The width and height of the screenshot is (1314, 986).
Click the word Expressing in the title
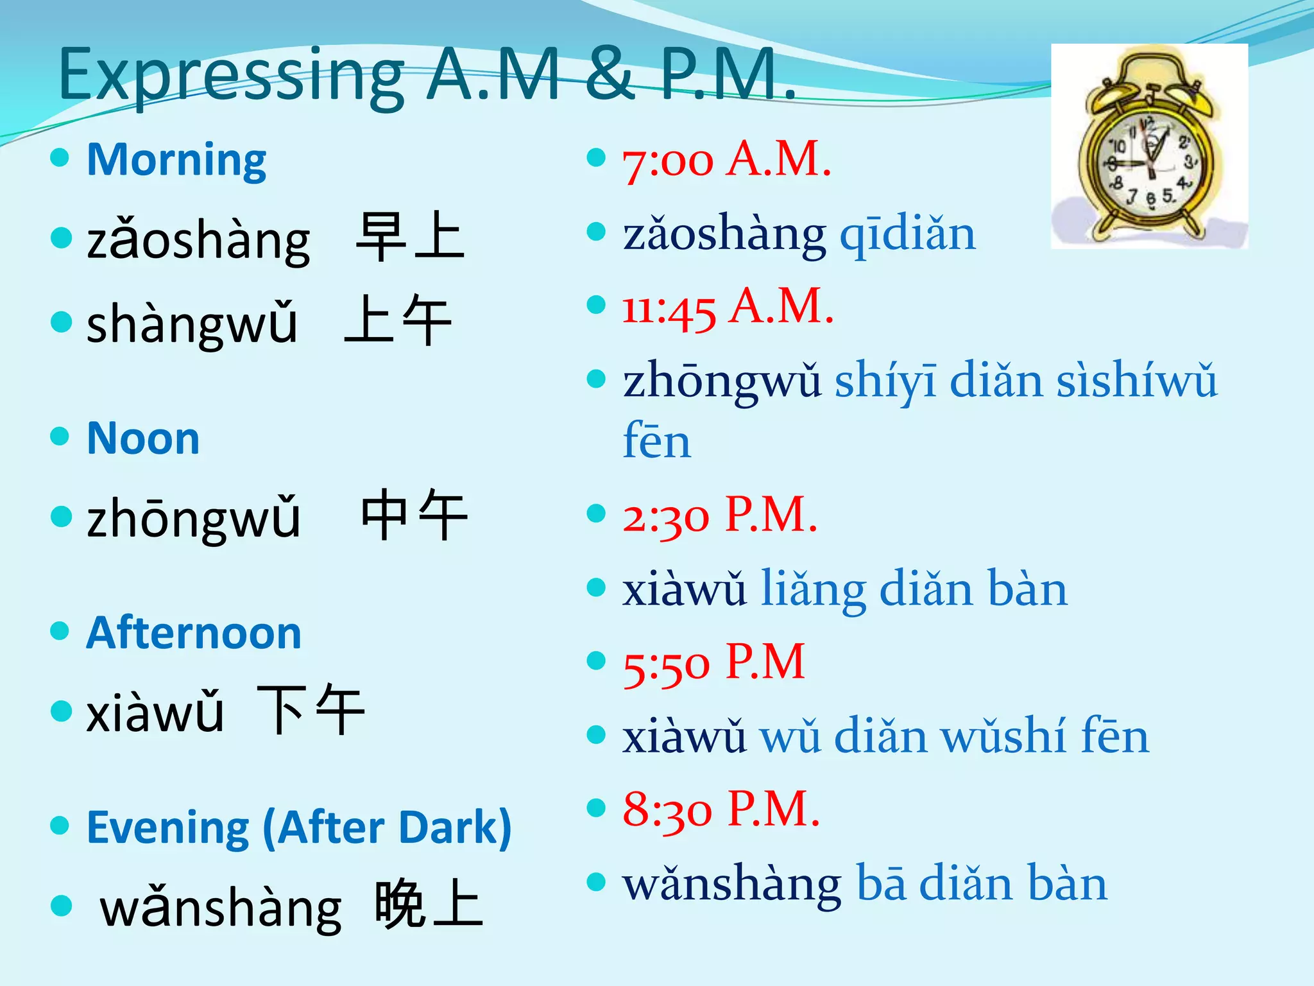pos(231,76)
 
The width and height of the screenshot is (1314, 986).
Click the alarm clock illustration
pos(1148,146)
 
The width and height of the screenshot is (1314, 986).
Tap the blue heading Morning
pos(176,160)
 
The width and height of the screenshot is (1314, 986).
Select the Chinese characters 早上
pos(410,237)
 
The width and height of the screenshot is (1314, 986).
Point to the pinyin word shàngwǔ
pos(192,323)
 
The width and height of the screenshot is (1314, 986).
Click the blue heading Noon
pos(143,439)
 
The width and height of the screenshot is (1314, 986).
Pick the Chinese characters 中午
pos(414,515)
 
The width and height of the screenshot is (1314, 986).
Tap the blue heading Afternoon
pos(194,634)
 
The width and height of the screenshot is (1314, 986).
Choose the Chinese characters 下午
pos(311,709)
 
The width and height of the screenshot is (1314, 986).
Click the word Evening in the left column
pos(168,827)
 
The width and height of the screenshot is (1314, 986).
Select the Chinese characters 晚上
pos(429,904)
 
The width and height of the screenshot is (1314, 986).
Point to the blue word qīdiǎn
pos(907,234)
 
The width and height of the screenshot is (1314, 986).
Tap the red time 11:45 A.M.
pos(728,307)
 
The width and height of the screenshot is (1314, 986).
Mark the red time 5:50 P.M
pos(713,662)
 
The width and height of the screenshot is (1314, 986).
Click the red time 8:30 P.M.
pos(721,810)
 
